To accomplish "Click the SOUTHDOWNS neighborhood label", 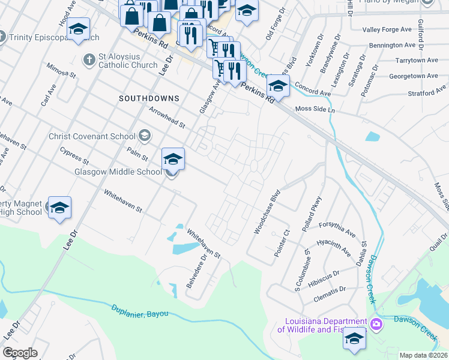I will click(x=149, y=98).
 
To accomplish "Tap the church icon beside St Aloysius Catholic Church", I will click(x=89, y=59).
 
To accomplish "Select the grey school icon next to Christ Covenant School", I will click(x=144, y=136).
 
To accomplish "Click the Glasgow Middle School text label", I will click(x=118, y=172).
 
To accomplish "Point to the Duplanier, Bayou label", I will click(x=140, y=311).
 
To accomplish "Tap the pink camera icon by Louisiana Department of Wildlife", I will click(x=376, y=325).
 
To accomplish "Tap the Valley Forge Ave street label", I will click(x=388, y=29).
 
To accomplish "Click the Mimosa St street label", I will click(x=64, y=72).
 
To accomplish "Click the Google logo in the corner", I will click(x=20, y=353).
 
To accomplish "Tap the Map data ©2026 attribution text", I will click(x=423, y=355).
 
